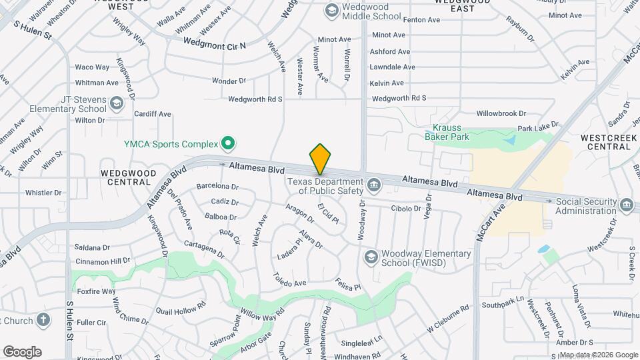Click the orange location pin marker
[320, 159]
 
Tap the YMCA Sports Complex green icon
[228, 142]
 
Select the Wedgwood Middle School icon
[331, 10]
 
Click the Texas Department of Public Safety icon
[374, 183]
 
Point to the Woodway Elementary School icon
[370, 256]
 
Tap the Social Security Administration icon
[625, 204]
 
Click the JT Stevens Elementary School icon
[117, 103]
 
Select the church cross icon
[43, 320]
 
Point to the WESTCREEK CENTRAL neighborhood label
[605, 141]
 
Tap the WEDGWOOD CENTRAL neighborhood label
[128, 177]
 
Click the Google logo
[22, 351]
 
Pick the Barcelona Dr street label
[217, 187]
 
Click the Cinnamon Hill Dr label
[102, 261]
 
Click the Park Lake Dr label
[538, 126]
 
